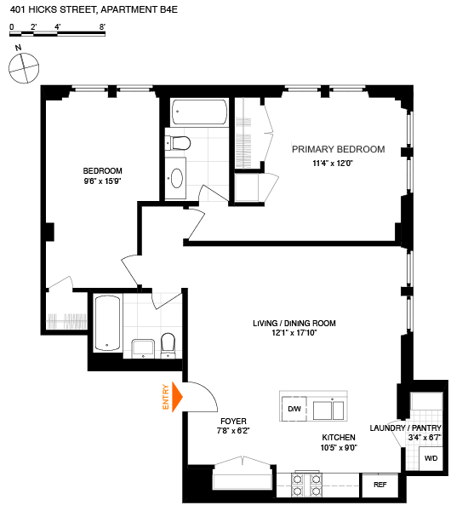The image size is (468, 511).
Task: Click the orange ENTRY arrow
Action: point(178,397)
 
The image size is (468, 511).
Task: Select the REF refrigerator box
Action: point(379,486)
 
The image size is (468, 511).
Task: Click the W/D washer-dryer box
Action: point(431,459)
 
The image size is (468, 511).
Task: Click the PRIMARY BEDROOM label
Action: point(338,149)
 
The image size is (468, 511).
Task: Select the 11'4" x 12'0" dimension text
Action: point(338,163)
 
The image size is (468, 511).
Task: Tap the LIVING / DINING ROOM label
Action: point(294,324)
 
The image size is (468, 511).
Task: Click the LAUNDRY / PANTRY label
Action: point(405,428)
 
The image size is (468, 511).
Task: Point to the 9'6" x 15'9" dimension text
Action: point(103,181)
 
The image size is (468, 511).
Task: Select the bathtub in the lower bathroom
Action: point(106,323)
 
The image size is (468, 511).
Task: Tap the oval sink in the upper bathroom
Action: point(177,178)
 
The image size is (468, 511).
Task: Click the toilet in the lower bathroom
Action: point(168,344)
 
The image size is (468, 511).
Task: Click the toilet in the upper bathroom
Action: point(178,142)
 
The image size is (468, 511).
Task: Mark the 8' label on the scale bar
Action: point(102,27)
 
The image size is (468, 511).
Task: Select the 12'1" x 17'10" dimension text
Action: point(294,335)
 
